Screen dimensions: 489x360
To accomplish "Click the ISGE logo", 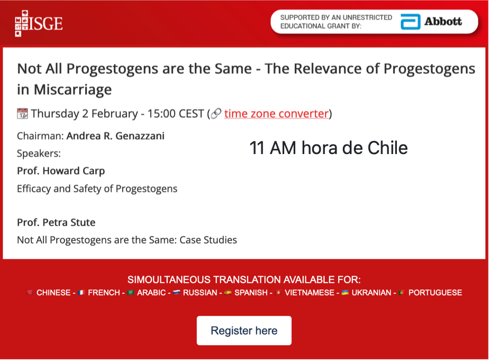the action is coord(39,23).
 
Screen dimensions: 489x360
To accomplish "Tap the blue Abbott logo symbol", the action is coord(411,22).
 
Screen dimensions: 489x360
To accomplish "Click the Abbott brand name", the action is coord(443,22).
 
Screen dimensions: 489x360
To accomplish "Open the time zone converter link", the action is coord(276,113).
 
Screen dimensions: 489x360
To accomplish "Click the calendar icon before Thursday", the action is coord(22,113).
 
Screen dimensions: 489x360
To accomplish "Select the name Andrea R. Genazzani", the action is coord(115,136).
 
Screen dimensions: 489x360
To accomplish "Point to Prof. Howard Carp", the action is coord(61,171).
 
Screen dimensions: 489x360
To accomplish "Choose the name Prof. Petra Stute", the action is coord(56,222).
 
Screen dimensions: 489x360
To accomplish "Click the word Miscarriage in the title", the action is coord(73,90).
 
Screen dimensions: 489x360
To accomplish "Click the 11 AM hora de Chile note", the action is coord(329,148).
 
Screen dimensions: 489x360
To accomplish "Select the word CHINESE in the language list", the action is coord(53,293).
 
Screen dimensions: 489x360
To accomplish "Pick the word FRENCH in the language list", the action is coord(104,293).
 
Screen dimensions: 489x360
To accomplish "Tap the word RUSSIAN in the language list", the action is coord(200,293).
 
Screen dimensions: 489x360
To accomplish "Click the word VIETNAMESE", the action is coord(310,293).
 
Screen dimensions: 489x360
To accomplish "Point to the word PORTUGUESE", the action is coord(436,293).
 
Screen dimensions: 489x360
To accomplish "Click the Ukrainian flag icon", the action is coord(345,292).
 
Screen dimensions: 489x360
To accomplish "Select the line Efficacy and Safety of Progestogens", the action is coord(97,188).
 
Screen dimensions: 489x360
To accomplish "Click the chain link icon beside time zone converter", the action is coord(216,113).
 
